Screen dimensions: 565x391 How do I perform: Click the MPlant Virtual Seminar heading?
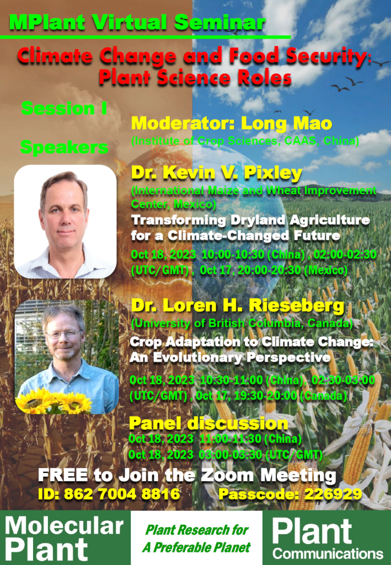point(137,23)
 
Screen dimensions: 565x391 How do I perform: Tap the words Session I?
point(64,108)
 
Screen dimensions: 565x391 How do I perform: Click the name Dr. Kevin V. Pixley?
point(216,173)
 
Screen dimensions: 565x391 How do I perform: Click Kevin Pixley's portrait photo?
point(65,221)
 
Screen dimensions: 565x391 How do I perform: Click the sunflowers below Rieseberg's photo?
point(54,402)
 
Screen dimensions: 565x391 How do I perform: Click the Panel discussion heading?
point(208,423)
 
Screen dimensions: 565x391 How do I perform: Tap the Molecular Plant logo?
point(65,538)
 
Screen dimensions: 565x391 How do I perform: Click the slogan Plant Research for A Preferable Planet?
point(197,539)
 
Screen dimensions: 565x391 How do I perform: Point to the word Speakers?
point(64,147)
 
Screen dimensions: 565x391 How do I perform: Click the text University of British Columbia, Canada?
point(249,322)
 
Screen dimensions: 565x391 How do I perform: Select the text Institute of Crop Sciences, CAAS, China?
point(245,141)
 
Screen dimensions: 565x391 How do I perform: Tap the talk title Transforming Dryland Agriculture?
point(250,220)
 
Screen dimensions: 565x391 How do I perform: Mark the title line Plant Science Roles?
point(195,77)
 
